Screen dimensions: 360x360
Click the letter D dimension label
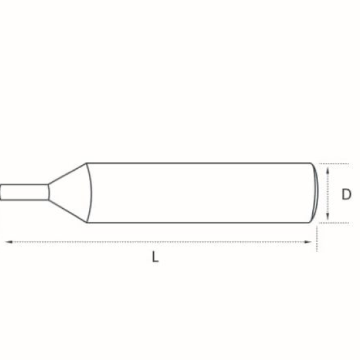346,194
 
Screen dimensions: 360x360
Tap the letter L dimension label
155,257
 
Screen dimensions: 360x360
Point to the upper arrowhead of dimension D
328,170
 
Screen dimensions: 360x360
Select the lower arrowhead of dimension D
328,216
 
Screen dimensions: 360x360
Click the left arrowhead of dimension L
9,242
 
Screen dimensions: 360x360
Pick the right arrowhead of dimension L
308,242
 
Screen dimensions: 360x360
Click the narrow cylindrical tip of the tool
24,192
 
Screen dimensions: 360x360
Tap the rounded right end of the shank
315,192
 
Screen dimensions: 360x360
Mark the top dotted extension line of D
334,164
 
